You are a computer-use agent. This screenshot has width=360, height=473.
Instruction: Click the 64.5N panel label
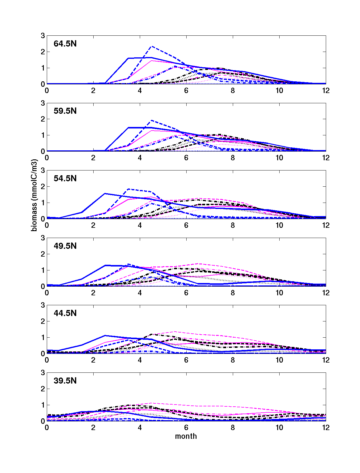click(65, 44)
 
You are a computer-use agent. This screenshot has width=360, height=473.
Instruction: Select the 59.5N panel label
click(65, 111)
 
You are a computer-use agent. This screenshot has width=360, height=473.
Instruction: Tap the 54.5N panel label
click(65, 179)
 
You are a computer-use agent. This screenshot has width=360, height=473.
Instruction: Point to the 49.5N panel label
click(65, 246)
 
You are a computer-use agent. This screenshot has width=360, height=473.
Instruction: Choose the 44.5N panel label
click(65, 313)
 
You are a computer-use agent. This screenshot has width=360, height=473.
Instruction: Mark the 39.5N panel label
click(65, 381)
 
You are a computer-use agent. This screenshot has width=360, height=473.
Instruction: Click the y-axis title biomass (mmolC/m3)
click(34, 195)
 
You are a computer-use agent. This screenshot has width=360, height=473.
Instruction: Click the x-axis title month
click(186, 436)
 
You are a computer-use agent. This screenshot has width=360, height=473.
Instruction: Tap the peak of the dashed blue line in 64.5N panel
click(152, 47)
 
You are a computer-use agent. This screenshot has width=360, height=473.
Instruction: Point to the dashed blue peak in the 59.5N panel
click(152, 120)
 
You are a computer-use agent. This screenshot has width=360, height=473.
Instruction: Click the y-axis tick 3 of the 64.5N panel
click(43, 36)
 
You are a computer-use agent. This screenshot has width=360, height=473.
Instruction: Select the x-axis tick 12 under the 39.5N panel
click(326, 427)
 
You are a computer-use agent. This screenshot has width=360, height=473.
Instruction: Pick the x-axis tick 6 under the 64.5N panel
click(186, 90)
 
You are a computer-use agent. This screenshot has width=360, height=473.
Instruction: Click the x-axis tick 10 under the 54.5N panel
click(279, 225)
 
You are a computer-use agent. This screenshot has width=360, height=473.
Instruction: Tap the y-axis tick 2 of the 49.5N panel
click(43, 254)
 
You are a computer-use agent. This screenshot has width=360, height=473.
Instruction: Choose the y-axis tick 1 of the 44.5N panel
click(43, 338)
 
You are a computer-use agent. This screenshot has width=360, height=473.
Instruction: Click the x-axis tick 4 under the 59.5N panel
click(140, 158)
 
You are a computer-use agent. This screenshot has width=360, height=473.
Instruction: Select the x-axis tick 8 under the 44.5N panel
click(233, 360)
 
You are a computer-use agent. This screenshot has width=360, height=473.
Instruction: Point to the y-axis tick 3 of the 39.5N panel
click(43, 373)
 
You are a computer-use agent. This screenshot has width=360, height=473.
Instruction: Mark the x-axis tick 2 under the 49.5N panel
click(93, 293)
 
